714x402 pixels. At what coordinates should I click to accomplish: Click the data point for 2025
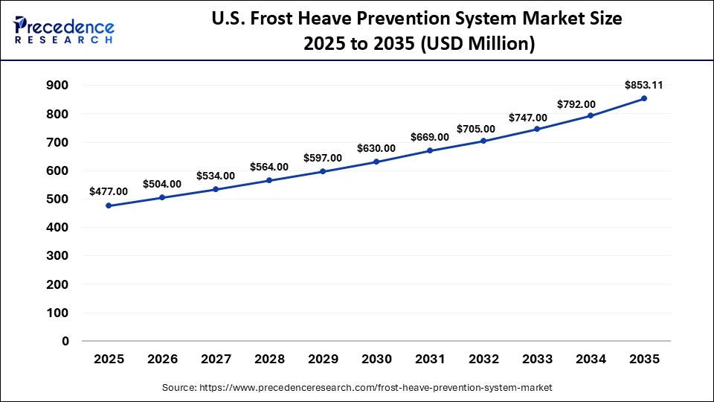pos(109,205)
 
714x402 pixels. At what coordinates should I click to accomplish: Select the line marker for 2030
pos(376,162)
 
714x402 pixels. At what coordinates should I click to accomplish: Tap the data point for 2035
pos(644,98)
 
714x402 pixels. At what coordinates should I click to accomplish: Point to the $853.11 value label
pos(643,85)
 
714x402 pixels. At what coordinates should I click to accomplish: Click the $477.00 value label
pos(109,191)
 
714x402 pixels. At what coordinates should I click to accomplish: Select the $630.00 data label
pos(376,148)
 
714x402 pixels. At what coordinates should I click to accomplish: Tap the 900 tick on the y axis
pos(57,86)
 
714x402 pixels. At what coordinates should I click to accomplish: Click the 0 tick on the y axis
pos(65,342)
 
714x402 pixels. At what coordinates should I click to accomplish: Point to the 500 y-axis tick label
pos(57,200)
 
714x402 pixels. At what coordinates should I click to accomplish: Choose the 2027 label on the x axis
pos(216,359)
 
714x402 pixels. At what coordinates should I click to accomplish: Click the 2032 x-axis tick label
pos(483,359)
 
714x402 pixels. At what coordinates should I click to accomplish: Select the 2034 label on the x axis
pos(591,359)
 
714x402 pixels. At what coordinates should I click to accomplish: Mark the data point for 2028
pos(269,180)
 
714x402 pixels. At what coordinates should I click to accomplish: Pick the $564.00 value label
pos(269,167)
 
